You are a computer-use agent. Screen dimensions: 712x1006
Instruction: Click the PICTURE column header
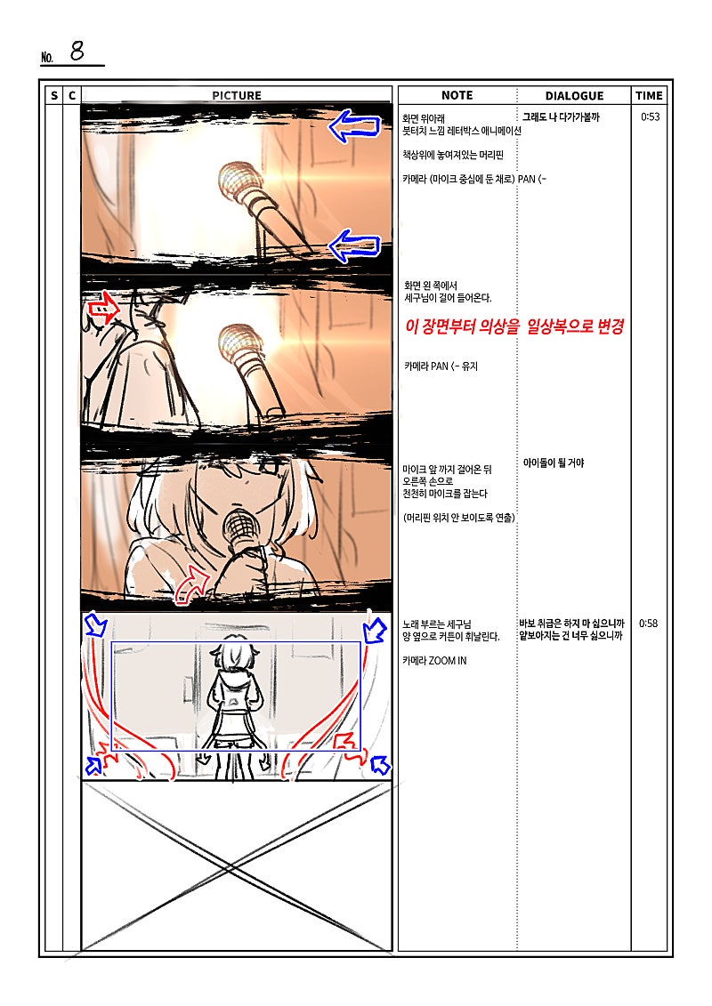click(236, 95)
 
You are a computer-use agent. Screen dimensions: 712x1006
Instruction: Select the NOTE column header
click(457, 95)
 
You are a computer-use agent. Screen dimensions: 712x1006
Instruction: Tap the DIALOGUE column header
click(574, 95)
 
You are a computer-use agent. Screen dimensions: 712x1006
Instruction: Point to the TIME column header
click(649, 95)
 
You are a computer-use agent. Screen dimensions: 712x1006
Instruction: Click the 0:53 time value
click(650, 117)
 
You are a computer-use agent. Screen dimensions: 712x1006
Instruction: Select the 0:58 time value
click(649, 623)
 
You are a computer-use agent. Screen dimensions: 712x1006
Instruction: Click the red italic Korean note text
click(514, 326)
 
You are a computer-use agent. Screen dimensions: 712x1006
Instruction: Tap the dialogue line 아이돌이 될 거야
click(554, 463)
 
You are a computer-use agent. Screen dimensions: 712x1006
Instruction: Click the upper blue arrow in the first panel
click(354, 125)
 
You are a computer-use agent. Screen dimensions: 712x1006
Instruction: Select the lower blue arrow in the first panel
click(354, 245)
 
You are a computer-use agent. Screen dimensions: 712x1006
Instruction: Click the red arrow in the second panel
click(102, 309)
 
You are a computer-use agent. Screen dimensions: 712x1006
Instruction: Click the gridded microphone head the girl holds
click(240, 528)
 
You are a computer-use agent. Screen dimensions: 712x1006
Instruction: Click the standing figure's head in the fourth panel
click(235, 655)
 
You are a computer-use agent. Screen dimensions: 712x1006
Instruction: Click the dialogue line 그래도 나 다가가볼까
click(561, 117)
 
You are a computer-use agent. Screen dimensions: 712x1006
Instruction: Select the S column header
click(54, 95)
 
